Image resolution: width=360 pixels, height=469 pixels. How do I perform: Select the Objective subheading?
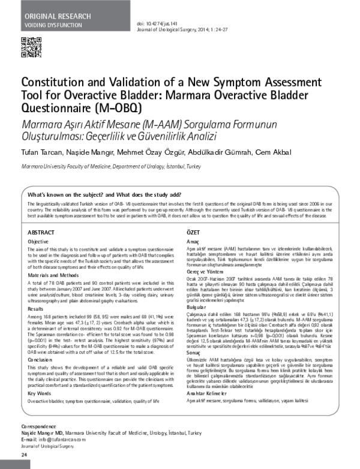(40, 241)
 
